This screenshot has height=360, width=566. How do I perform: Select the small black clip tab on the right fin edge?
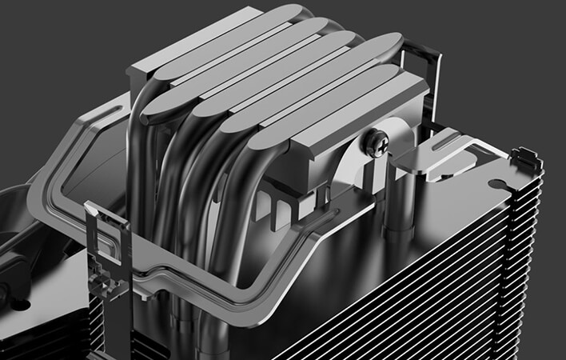click(528, 158)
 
